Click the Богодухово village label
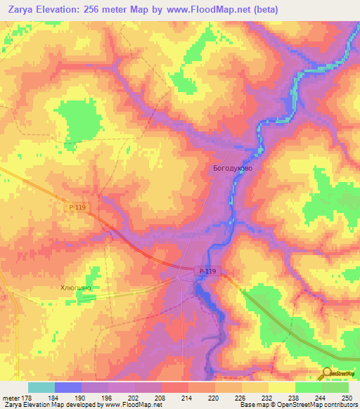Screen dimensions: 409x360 pyautogui.click(x=232, y=169)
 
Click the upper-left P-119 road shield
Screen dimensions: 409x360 pyautogui.click(x=77, y=207)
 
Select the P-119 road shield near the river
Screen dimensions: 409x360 pyautogui.click(x=205, y=271)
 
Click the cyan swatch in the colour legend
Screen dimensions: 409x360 pyautogui.click(x=41, y=387)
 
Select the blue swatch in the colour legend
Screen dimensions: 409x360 pyautogui.click(x=67, y=387)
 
